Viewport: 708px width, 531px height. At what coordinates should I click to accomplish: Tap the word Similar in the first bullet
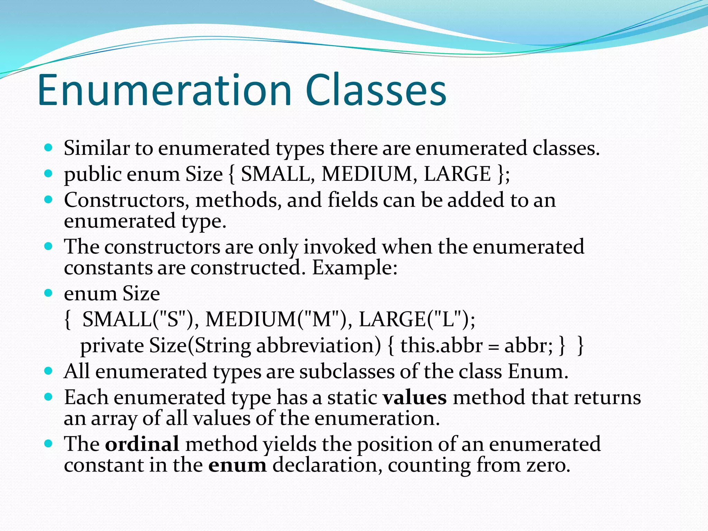96,148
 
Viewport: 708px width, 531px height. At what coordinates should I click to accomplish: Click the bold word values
414,397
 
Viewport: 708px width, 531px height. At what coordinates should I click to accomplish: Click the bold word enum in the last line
237,465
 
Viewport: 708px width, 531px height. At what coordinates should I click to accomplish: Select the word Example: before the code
355,268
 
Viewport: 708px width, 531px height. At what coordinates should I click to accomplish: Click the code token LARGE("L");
417,319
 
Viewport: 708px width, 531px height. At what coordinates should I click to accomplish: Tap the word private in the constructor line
112,345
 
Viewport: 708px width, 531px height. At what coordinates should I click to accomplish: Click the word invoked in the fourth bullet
339,247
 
